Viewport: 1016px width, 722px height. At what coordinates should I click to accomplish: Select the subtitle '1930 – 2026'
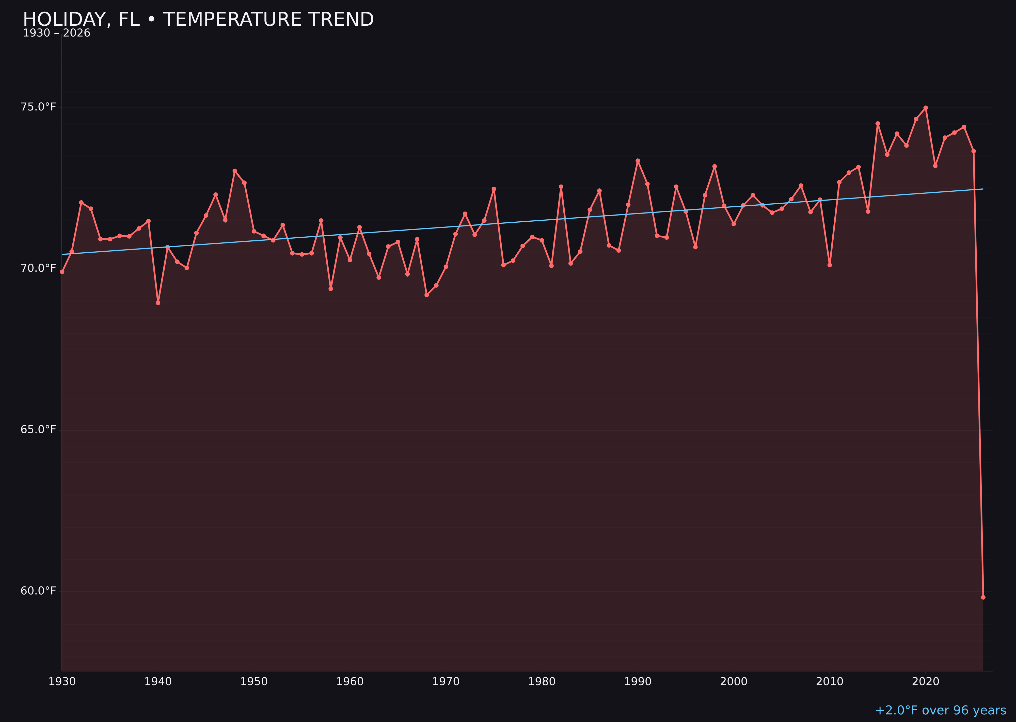[x=56, y=33]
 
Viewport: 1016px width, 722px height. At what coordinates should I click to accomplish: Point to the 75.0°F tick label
[x=38, y=107]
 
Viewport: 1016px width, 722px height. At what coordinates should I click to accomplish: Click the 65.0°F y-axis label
[x=38, y=430]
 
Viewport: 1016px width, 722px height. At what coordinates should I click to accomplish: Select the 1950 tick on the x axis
[x=254, y=682]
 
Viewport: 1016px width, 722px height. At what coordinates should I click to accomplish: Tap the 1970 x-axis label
[x=446, y=682]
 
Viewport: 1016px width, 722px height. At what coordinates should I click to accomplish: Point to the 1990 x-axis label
[x=638, y=682]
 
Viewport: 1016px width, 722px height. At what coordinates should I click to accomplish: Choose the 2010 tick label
[x=830, y=682]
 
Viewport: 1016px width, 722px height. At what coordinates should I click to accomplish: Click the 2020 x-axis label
[x=925, y=682]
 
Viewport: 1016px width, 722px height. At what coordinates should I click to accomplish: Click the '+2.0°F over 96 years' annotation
[x=940, y=710]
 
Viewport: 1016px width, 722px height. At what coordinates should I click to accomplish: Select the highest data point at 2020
[x=926, y=108]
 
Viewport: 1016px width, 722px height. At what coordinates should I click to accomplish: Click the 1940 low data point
[x=158, y=303]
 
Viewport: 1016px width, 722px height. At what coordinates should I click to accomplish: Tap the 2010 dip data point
[x=830, y=265]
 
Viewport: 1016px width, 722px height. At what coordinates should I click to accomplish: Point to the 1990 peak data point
[x=638, y=161]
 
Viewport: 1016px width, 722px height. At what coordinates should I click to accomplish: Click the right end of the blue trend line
[x=983, y=189]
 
